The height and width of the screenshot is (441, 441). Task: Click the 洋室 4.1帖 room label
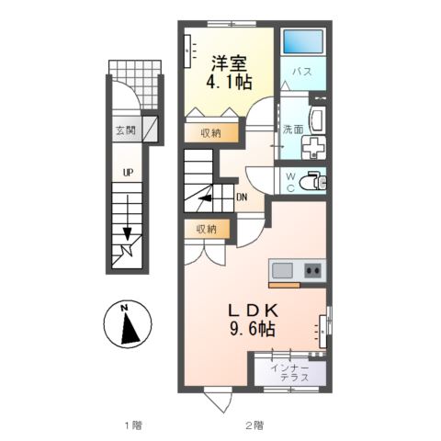[230, 73]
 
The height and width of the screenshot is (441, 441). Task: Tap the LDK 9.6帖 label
[252, 320]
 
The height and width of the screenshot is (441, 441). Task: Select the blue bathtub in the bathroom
[303, 41]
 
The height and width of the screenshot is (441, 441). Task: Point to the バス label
[302, 72]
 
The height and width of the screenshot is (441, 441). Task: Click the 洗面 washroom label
[293, 130]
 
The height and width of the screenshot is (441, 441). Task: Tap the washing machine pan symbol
[313, 148]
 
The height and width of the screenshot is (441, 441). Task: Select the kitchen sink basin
[282, 270]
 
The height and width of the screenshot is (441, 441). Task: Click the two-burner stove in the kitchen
[312, 270]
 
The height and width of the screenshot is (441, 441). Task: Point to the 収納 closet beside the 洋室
[211, 133]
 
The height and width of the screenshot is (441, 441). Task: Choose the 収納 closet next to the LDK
[207, 229]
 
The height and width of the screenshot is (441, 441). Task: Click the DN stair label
[242, 198]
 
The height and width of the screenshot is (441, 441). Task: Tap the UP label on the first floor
[128, 173]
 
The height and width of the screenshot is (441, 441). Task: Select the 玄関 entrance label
[125, 130]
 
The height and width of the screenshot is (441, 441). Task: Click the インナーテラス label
[290, 373]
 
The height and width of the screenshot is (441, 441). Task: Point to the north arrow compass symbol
[128, 324]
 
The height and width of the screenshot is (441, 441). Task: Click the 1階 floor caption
[133, 425]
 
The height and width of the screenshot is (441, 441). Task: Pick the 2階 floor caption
[254, 425]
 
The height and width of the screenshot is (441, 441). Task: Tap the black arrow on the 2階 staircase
[205, 198]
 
